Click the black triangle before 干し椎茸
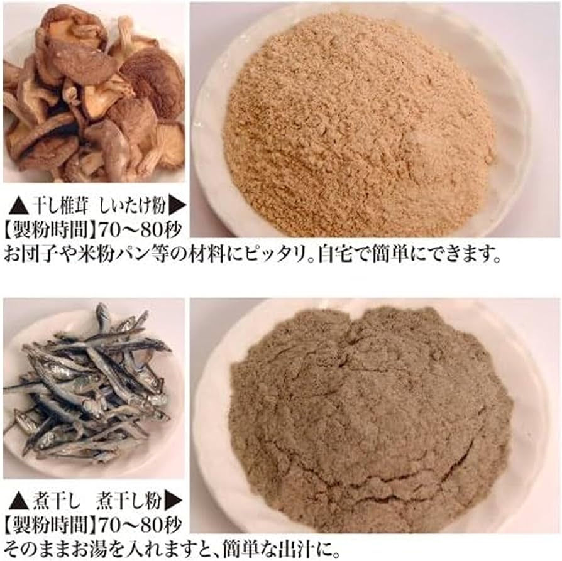point(17,205)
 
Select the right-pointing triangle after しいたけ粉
point(178,205)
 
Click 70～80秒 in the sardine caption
point(128,525)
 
